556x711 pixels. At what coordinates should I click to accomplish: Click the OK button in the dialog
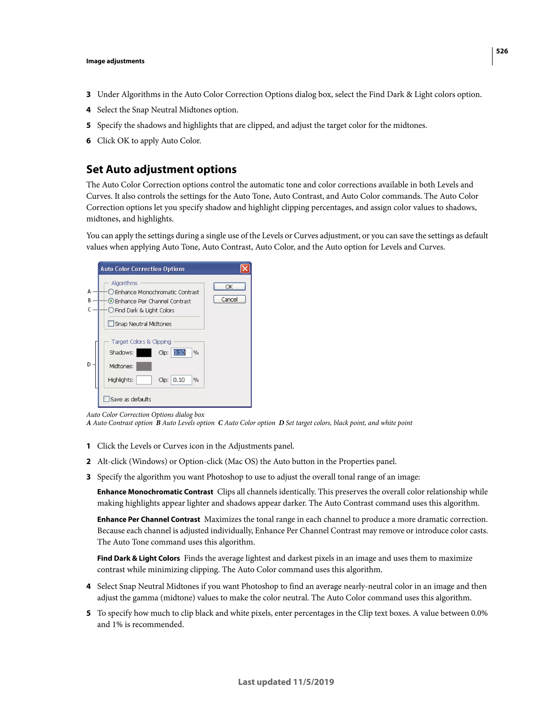(x=229, y=287)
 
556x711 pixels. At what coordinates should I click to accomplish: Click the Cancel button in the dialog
(x=229, y=299)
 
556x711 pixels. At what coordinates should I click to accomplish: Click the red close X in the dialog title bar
(x=245, y=269)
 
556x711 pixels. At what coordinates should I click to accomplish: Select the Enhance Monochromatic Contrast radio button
(x=111, y=292)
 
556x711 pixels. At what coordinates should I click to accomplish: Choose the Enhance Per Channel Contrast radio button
(x=111, y=301)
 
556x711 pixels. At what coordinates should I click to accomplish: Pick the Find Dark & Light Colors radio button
(x=111, y=310)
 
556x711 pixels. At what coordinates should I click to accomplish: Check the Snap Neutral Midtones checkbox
(x=111, y=323)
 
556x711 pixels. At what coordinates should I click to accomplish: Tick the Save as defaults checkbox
(x=106, y=399)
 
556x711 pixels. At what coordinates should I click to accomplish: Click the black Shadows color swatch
(x=144, y=353)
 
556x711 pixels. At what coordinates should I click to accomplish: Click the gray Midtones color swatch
(x=144, y=366)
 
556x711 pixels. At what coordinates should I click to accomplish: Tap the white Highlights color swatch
(x=144, y=380)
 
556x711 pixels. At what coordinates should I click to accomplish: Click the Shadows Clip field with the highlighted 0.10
(x=181, y=353)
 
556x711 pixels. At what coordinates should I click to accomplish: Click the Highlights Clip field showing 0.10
(x=181, y=380)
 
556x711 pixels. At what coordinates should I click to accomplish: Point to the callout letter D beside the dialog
(x=89, y=364)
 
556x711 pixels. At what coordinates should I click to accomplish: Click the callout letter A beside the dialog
(x=89, y=291)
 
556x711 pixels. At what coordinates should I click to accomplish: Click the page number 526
(x=502, y=51)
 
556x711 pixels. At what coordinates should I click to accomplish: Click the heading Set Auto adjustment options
(x=161, y=169)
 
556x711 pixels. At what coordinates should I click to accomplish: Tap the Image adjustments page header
(x=115, y=61)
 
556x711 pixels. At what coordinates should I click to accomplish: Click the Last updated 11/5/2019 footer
(x=286, y=682)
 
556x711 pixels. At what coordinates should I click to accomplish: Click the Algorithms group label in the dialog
(x=124, y=283)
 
